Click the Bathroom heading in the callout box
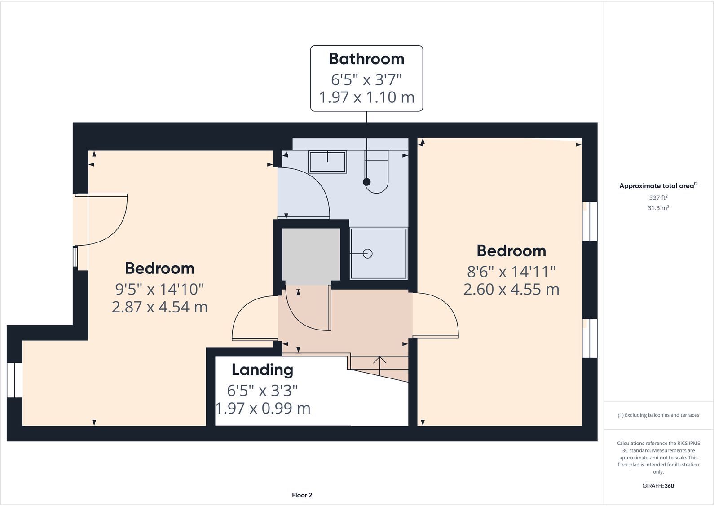tap(366, 59)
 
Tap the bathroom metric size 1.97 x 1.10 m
tap(366, 97)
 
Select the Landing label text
tap(262, 370)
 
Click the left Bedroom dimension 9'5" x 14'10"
tap(159, 289)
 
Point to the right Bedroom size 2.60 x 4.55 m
tap(511, 290)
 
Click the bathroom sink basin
tap(327, 162)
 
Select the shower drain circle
tap(368, 254)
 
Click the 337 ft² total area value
tap(658, 198)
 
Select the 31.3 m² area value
tap(658, 208)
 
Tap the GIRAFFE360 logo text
tap(658, 486)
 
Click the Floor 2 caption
tap(302, 495)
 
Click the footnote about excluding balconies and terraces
tap(658, 415)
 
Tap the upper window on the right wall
tap(590, 221)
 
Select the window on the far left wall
tap(14, 380)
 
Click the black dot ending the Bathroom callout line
tap(367, 182)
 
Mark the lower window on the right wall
tap(590, 338)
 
